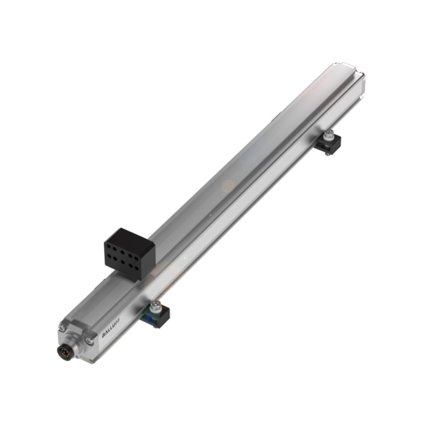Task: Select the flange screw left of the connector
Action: pyautogui.click(x=62, y=328)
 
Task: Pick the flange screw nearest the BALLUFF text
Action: pyautogui.click(x=89, y=340)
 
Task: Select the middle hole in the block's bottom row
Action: pyautogui.click(x=126, y=261)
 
